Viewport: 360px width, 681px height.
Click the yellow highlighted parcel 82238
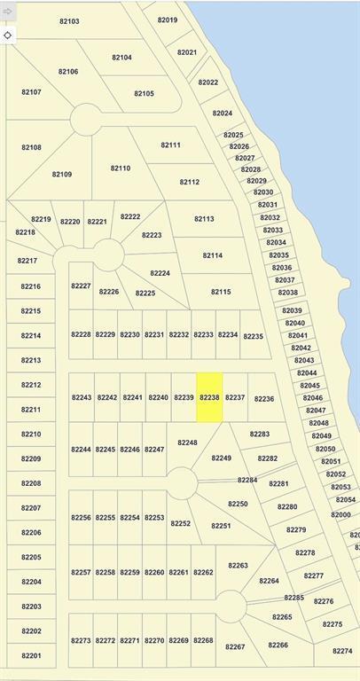(x=209, y=397)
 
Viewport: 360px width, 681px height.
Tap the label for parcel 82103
(x=68, y=21)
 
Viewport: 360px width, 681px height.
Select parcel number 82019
(x=167, y=20)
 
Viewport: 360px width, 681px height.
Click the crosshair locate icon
(x=8, y=35)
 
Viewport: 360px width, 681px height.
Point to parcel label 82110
(x=121, y=168)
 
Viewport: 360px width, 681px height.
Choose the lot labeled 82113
(x=204, y=218)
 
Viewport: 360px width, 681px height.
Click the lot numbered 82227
(x=81, y=286)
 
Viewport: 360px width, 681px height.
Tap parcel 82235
(x=254, y=336)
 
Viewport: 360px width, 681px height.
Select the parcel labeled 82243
(x=82, y=397)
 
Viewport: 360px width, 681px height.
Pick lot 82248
(x=187, y=442)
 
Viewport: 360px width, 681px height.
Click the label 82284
(x=247, y=480)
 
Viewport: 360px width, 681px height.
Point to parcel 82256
(x=82, y=517)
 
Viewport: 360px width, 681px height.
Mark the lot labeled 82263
(x=238, y=565)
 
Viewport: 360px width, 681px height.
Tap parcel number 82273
(x=82, y=639)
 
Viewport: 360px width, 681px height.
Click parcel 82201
(x=31, y=655)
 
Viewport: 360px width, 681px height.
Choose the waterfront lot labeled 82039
(x=293, y=310)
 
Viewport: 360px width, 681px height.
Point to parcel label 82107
(x=31, y=91)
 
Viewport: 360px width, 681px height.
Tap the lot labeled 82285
(x=293, y=598)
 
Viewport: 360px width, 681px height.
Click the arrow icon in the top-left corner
(x=8, y=11)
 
